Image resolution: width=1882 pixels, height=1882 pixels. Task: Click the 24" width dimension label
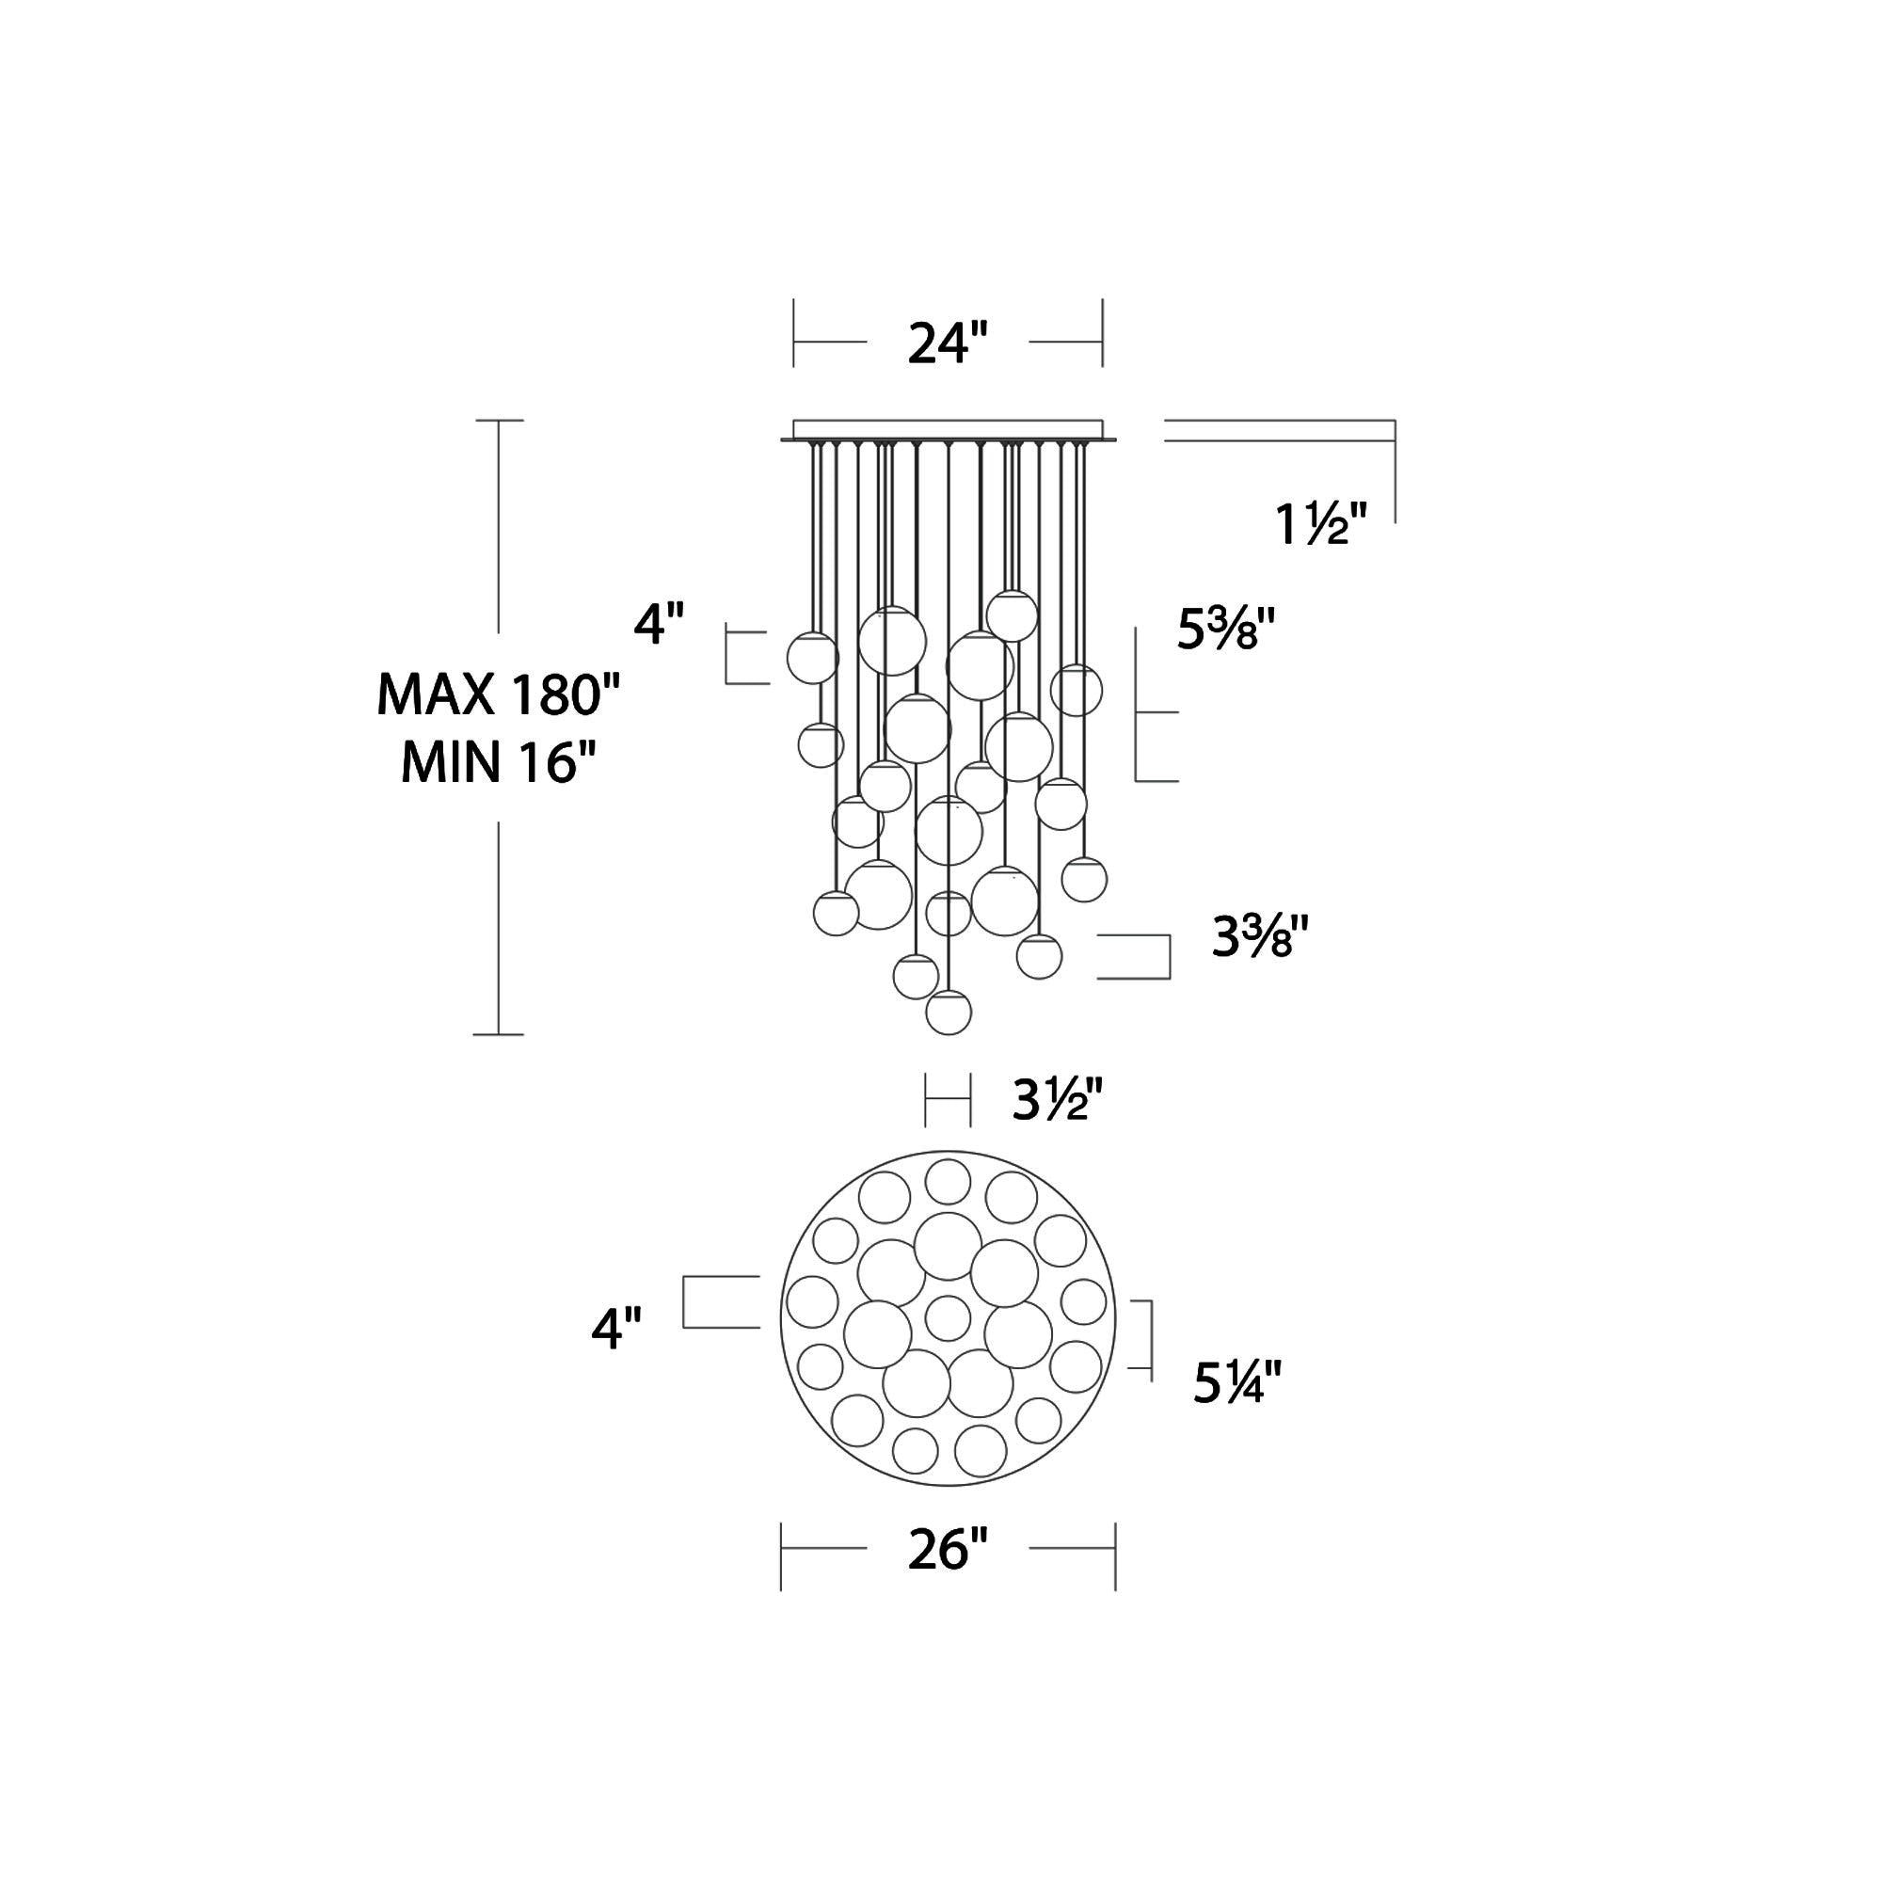[948, 343]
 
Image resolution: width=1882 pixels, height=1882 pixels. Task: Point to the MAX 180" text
[498, 695]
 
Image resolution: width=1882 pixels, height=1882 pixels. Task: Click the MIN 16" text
[498, 763]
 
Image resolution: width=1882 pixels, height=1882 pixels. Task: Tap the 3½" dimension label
[1057, 1101]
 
